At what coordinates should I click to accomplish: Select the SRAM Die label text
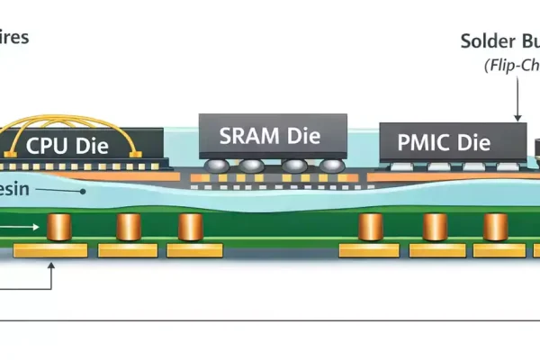tap(270, 136)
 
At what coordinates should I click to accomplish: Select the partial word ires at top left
tap(15, 39)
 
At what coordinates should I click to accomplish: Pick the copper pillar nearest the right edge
tap(495, 227)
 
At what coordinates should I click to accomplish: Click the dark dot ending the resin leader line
tap(83, 191)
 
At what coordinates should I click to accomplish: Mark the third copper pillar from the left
tap(190, 227)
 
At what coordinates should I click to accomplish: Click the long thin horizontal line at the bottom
tap(270, 319)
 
